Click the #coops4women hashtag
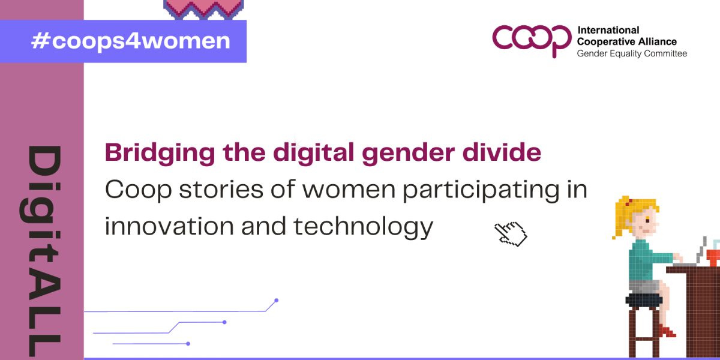click(x=131, y=41)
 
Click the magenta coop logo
click(x=532, y=40)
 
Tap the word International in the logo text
click(x=608, y=30)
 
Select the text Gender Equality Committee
click(x=632, y=53)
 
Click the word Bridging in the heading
click(x=160, y=153)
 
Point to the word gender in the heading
click(x=408, y=153)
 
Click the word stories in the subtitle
click(x=221, y=190)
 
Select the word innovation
click(x=169, y=226)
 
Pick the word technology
click(x=363, y=227)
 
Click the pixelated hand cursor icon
click(x=511, y=234)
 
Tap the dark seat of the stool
click(x=644, y=301)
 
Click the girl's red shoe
click(x=667, y=331)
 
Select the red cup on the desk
click(x=713, y=258)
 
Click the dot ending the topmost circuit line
click(x=276, y=300)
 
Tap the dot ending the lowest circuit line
click(x=188, y=344)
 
